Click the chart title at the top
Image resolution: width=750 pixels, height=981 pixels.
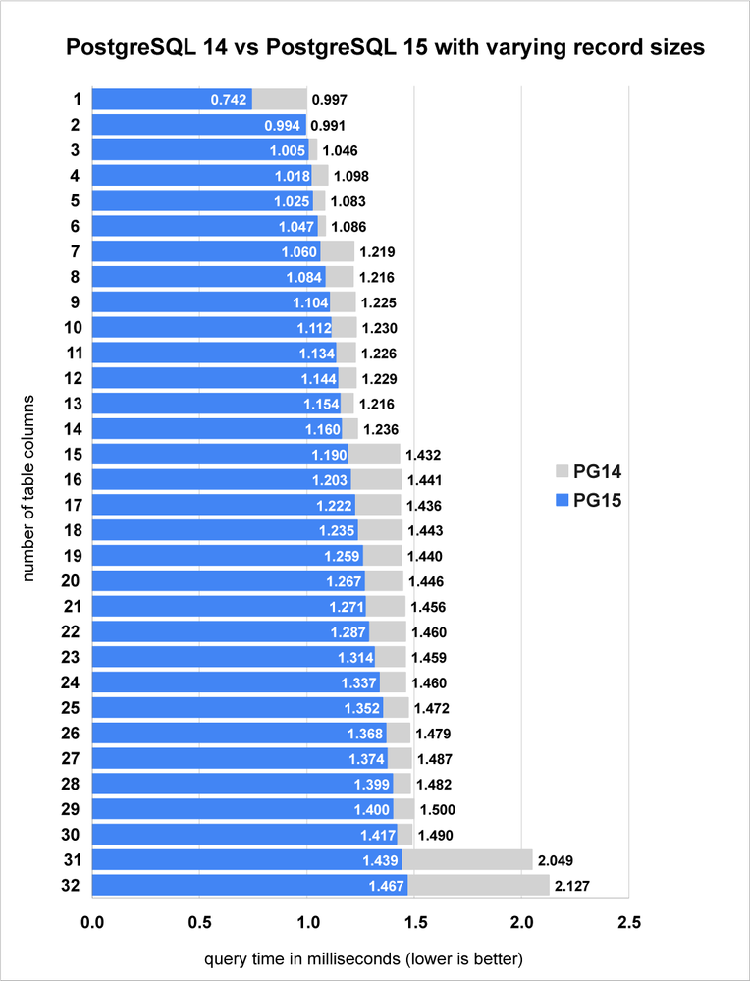[x=384, y=47]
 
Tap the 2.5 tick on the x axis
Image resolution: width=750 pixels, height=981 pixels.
[x=628, y=923]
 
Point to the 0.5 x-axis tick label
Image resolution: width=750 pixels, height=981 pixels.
[x=199, y=923]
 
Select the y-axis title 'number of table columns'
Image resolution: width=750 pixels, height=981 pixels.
[x=28, y=488]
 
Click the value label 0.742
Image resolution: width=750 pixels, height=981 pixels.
[x=228, y=100]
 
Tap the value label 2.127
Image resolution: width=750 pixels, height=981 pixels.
[x=572, y=887]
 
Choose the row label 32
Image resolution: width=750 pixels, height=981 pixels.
[x=71, y=886]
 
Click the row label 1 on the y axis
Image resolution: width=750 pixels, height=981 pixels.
[x=75, y=99]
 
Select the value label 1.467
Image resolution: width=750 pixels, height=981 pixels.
[x=383, y=887]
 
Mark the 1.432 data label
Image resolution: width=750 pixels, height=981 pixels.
[x=424, y=455]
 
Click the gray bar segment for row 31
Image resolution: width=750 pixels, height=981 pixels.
[x=466, y=860]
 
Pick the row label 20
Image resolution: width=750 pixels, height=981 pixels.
[x=71, y=581]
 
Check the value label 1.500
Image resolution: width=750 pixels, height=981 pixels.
[x=437, y=810]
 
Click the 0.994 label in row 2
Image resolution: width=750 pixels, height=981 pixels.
[x=283, y=126]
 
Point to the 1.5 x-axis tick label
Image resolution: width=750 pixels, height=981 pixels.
[x=414, y=923]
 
